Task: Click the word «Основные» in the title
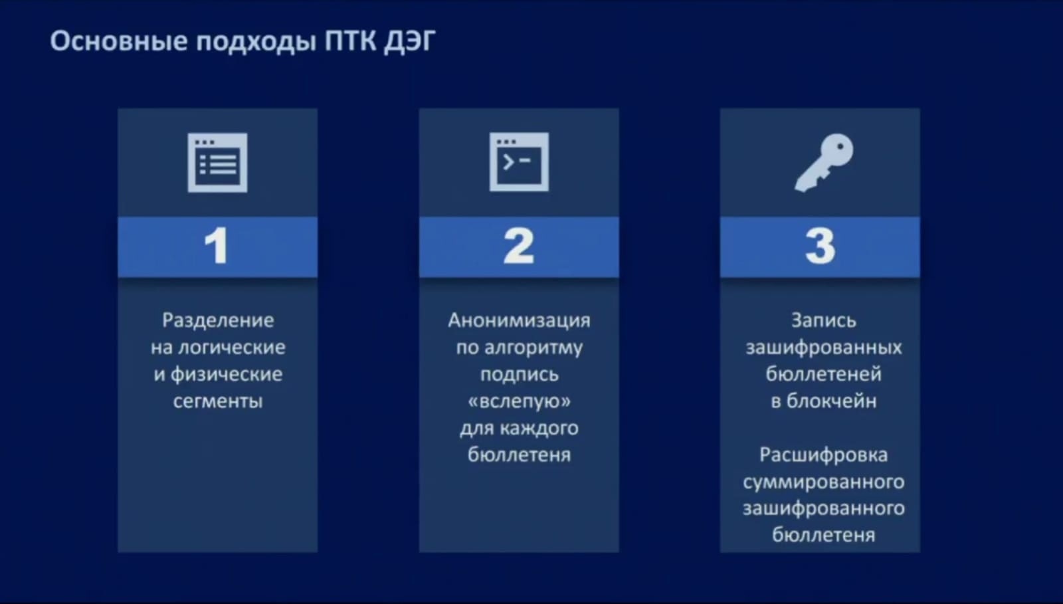(x=119, y=41)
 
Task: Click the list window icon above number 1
(x=217, y=163)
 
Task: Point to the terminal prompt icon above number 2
(x=519, y=161)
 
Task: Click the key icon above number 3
(x=824, y=162)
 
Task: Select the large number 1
(x=217, y=245)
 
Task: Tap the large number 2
(x=519, y=245)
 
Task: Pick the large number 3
(x=820, y=246)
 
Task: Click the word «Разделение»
(x=218, y=321)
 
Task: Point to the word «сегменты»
(x=218, y=401)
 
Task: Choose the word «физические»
(x=227, y=375)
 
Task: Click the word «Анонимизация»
(x=519, y=321)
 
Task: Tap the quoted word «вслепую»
(x=519, y=402)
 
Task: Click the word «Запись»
(x=824, y=321)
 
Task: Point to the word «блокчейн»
(x=831, y=401)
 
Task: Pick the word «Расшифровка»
(x=824, y=455)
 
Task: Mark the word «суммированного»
(x=824, y=482)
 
